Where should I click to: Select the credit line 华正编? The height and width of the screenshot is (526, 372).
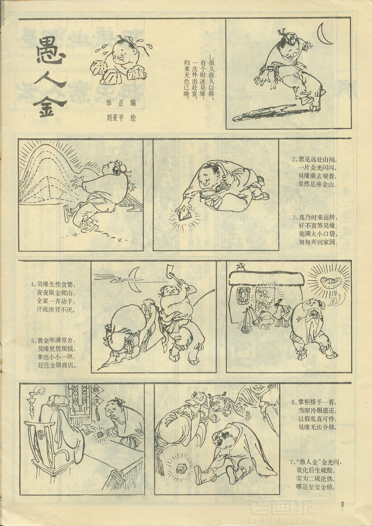pyautogui.click(x=121, y=103)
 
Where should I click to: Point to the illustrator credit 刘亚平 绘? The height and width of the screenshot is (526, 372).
pyautogui.click(x=121, y=118)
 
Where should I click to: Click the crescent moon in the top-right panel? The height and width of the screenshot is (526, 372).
pyautogui.click(x=324, y=34)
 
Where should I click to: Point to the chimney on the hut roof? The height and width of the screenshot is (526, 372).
pyautogui.click(x=240, y=266)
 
